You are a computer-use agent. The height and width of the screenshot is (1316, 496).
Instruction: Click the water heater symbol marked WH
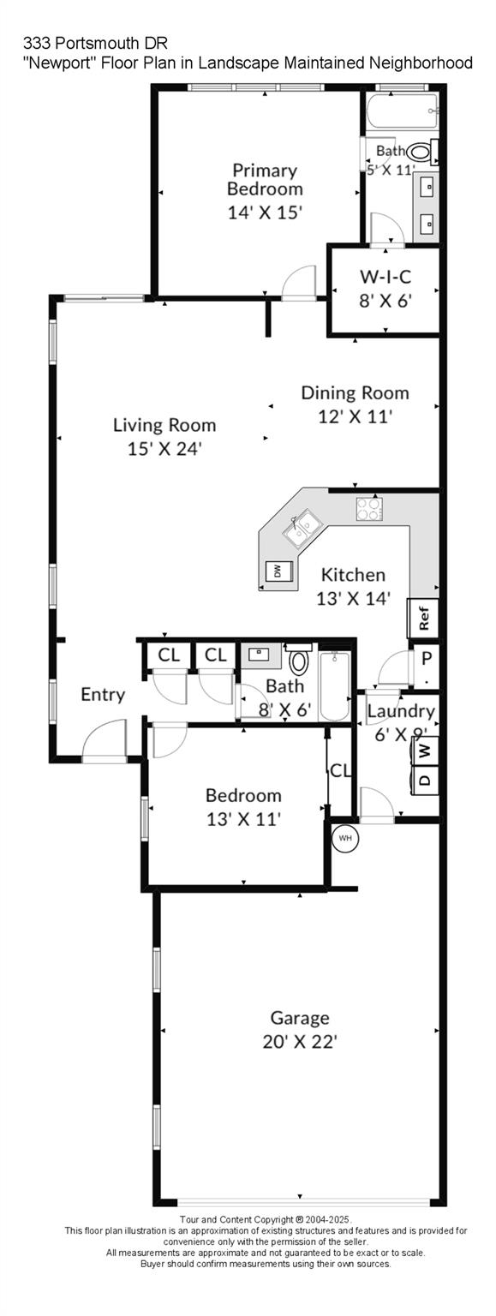[x=345, y=838]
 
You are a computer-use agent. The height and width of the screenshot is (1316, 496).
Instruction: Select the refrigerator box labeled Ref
[x=423, y=615]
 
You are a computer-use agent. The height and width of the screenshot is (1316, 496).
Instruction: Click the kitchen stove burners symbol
[x=369, y=509]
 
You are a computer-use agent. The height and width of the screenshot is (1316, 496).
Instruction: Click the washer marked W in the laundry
[x=425, y=750]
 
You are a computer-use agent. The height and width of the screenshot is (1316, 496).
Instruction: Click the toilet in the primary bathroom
[x=420, y=153]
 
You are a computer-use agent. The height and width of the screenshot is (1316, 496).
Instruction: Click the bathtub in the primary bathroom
[x=402, y=111]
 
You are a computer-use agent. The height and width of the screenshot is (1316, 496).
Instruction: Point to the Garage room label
[x=300, y=1018]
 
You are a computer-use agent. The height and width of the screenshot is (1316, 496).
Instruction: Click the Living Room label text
[x=164, y=425]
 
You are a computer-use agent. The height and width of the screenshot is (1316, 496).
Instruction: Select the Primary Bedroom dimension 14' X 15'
[x=266, y=212]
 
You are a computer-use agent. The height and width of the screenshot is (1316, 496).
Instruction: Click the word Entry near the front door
[x=103, y=694]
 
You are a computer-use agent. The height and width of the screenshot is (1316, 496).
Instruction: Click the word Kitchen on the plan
[x=353, y=575]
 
